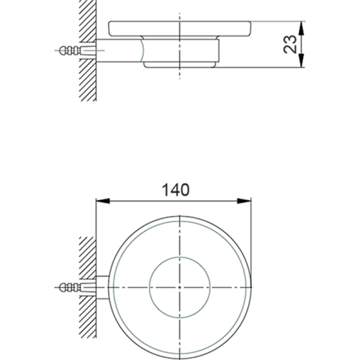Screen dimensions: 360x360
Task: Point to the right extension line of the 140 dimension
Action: pyautogui.click(x=253, y=230)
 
